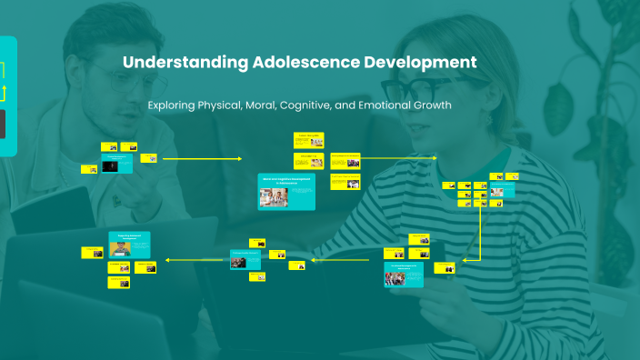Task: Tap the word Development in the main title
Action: coord(419,63)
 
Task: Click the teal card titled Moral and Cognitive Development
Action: coord(286,192)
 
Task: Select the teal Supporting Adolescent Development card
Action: coord(129,244)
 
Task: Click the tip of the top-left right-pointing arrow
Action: coord(241,158)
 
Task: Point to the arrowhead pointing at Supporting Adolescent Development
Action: coord(167,261)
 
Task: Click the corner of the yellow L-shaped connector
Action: coord(479,260)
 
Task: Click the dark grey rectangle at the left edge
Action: coord(3,124)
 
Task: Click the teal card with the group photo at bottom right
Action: coord(404,275)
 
